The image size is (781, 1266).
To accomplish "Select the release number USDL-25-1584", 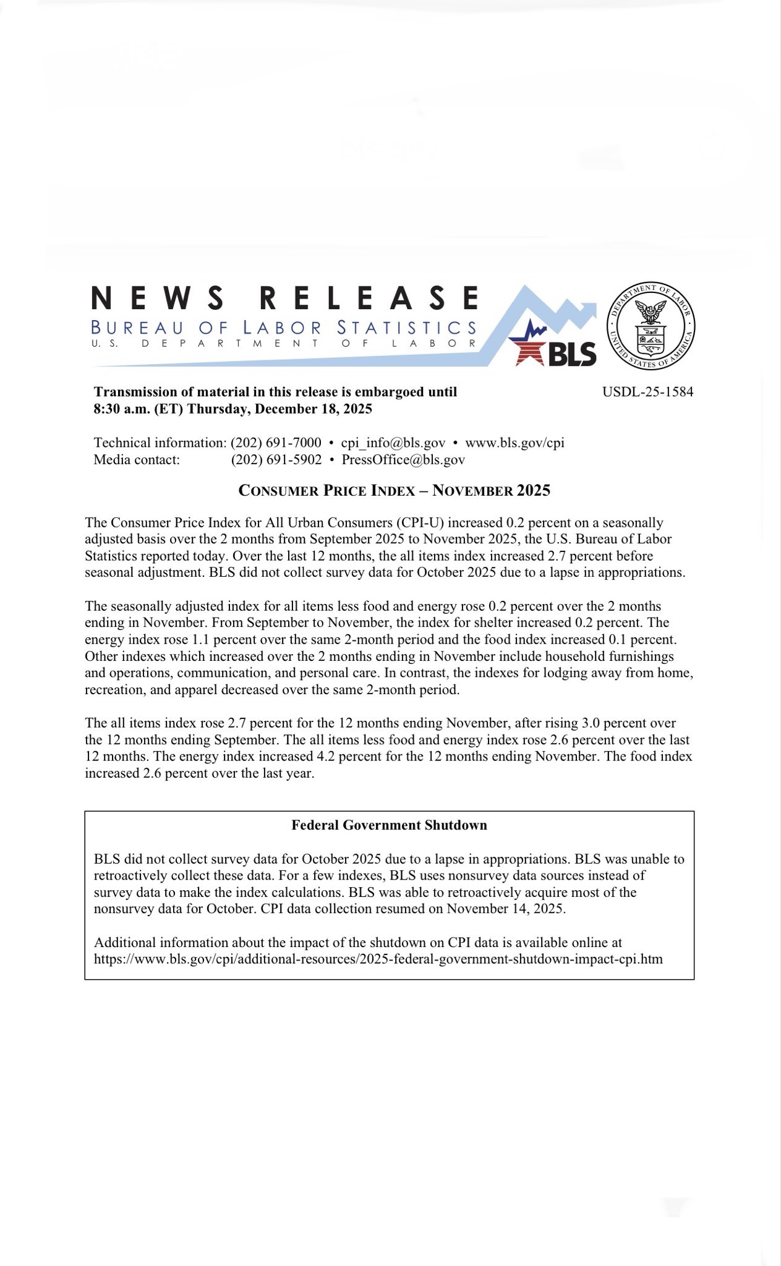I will click(x=647, y=392).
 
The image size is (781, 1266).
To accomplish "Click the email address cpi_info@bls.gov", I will click(x=393, y=443).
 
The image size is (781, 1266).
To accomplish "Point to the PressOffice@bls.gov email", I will click(x=403, y=459).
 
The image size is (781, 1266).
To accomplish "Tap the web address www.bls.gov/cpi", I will click(x=514, y=443).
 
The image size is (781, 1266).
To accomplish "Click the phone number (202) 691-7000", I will click(x=276, y=443).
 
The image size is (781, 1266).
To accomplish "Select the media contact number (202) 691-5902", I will click(x=276, y=459).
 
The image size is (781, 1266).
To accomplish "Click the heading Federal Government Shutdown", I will click(x=389, y=825).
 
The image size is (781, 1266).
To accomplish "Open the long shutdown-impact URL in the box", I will click(x=378, y=959).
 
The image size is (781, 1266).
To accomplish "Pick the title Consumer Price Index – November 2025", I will click(x=394, y=491).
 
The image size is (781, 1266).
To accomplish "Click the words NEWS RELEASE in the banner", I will click(x=284, y=298).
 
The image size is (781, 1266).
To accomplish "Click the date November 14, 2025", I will click(x=505, y=909).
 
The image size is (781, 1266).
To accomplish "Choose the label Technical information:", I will click(x=160, y=443).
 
